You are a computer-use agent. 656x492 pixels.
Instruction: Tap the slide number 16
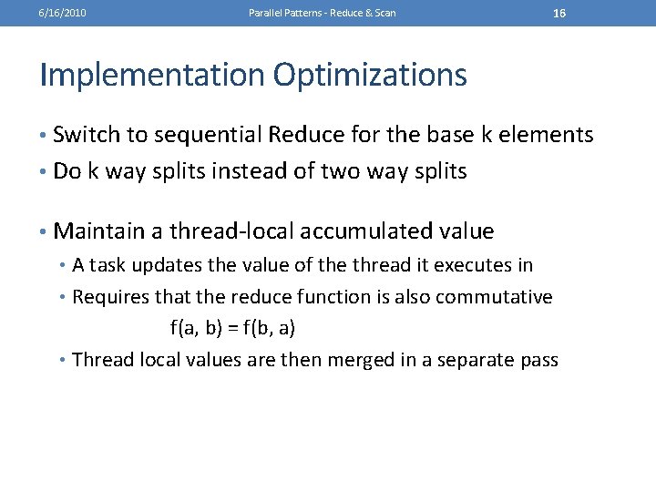click(559, 13)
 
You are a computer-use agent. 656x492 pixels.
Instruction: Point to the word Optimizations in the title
click(369, 75)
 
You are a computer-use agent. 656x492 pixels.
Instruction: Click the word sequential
click(208, 136)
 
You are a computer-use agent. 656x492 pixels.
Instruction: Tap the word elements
click(544, 136)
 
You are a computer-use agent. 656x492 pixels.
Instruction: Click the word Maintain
click(99, 231)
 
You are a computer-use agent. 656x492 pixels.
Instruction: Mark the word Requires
click(109, 297)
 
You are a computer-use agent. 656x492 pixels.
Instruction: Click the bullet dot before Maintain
click(45, 231)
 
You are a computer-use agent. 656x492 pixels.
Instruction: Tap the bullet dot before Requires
click(64, 297)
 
